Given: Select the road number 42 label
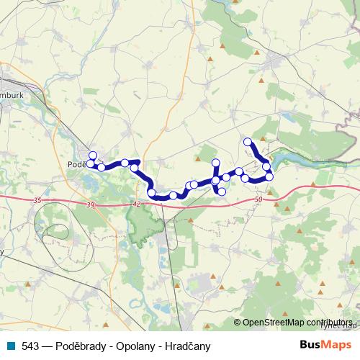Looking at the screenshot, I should [x=136, y=204].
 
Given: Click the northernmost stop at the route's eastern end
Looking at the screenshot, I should [x=248, y=142].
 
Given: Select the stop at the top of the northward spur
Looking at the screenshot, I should [x=215, y=163].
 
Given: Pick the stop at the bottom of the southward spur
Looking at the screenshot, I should [x=222, y=191].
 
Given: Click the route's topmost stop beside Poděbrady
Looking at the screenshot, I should [x=92, y=156].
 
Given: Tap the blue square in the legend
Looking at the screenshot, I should [x=12, y=346].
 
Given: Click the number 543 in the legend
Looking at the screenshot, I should [x=30, y=346].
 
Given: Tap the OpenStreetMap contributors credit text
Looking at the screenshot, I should [x=297, y=323].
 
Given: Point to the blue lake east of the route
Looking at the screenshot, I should [x=302, y=157].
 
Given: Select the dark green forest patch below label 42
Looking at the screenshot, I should [x=137, y=223].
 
